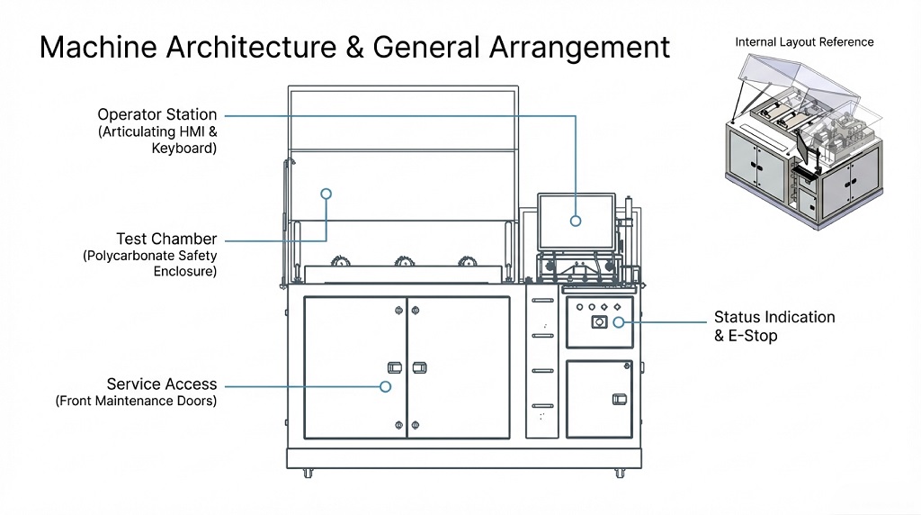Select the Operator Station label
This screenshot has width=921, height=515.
click(x=157, y=115)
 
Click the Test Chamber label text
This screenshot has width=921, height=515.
click(x=166, y=239)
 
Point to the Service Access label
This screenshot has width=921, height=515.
click(x=162, y=384)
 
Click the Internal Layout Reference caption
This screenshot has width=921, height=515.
click(x=804, y=42)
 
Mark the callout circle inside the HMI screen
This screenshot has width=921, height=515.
click(x=576, y=220)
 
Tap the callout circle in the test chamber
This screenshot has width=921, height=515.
click(x=326, y=194)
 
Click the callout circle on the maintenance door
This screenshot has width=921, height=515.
click(x=385, y=386)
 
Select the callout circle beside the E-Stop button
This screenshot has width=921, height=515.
click(x=619, y=321)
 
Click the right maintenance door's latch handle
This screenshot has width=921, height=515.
click(x=419, y=367)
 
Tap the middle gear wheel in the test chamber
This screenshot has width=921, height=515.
click(x=403, y=262)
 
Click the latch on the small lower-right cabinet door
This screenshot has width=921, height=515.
click(x=618, y=399)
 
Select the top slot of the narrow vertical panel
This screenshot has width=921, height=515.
click(x=541, y=301)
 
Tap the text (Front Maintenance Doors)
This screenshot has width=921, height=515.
click(x=137, y=402)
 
